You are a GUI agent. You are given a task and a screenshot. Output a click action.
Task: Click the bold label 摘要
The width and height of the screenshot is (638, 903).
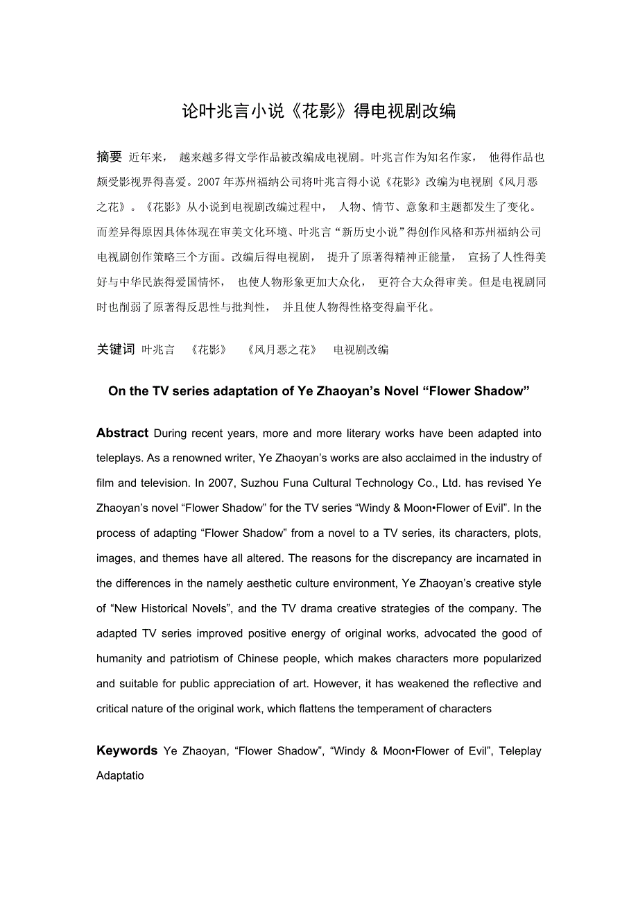coord(109,157)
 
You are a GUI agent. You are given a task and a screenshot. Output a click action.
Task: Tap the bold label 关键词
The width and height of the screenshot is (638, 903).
coord(115,350)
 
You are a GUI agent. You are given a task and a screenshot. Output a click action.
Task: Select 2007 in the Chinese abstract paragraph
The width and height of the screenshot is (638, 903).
coord(208,182)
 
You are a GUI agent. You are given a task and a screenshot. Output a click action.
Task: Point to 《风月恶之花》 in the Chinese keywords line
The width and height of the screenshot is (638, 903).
coord(281,350)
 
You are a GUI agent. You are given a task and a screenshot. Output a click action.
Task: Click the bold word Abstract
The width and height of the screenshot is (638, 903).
coord(122,433)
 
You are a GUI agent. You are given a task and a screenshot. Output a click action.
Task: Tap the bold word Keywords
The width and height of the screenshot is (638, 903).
coord(127,750)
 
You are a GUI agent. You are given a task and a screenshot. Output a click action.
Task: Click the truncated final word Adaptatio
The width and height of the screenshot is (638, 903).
coord(120,775)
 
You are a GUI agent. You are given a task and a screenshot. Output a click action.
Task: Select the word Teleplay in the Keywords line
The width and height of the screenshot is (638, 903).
coord(520,750)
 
